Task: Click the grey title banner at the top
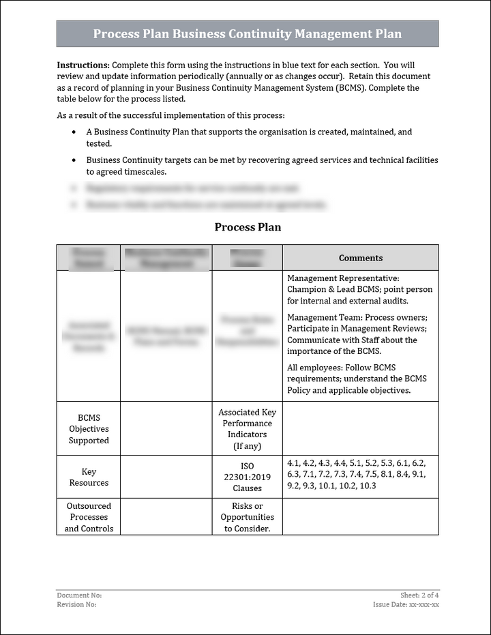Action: click(247, 33)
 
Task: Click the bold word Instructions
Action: click(83, 65)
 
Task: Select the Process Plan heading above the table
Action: click(248, 227)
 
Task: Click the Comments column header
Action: click(361, 258)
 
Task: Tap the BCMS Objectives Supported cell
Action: click(89, 429)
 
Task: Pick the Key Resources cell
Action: click(89, 477)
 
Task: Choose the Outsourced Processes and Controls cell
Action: click(89, 517)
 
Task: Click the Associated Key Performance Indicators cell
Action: click(248, 429)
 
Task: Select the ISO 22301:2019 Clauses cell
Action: click(248, 477)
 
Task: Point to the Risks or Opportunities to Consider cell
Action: click(248, 517)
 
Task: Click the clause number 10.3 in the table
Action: click(368, 486)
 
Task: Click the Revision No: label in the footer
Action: click(76, 604)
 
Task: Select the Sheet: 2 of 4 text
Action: click(419, 595)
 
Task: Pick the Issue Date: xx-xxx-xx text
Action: click(406, 604)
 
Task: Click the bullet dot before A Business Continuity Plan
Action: click(74, 132)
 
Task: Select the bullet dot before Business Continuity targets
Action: click(74, 160)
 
